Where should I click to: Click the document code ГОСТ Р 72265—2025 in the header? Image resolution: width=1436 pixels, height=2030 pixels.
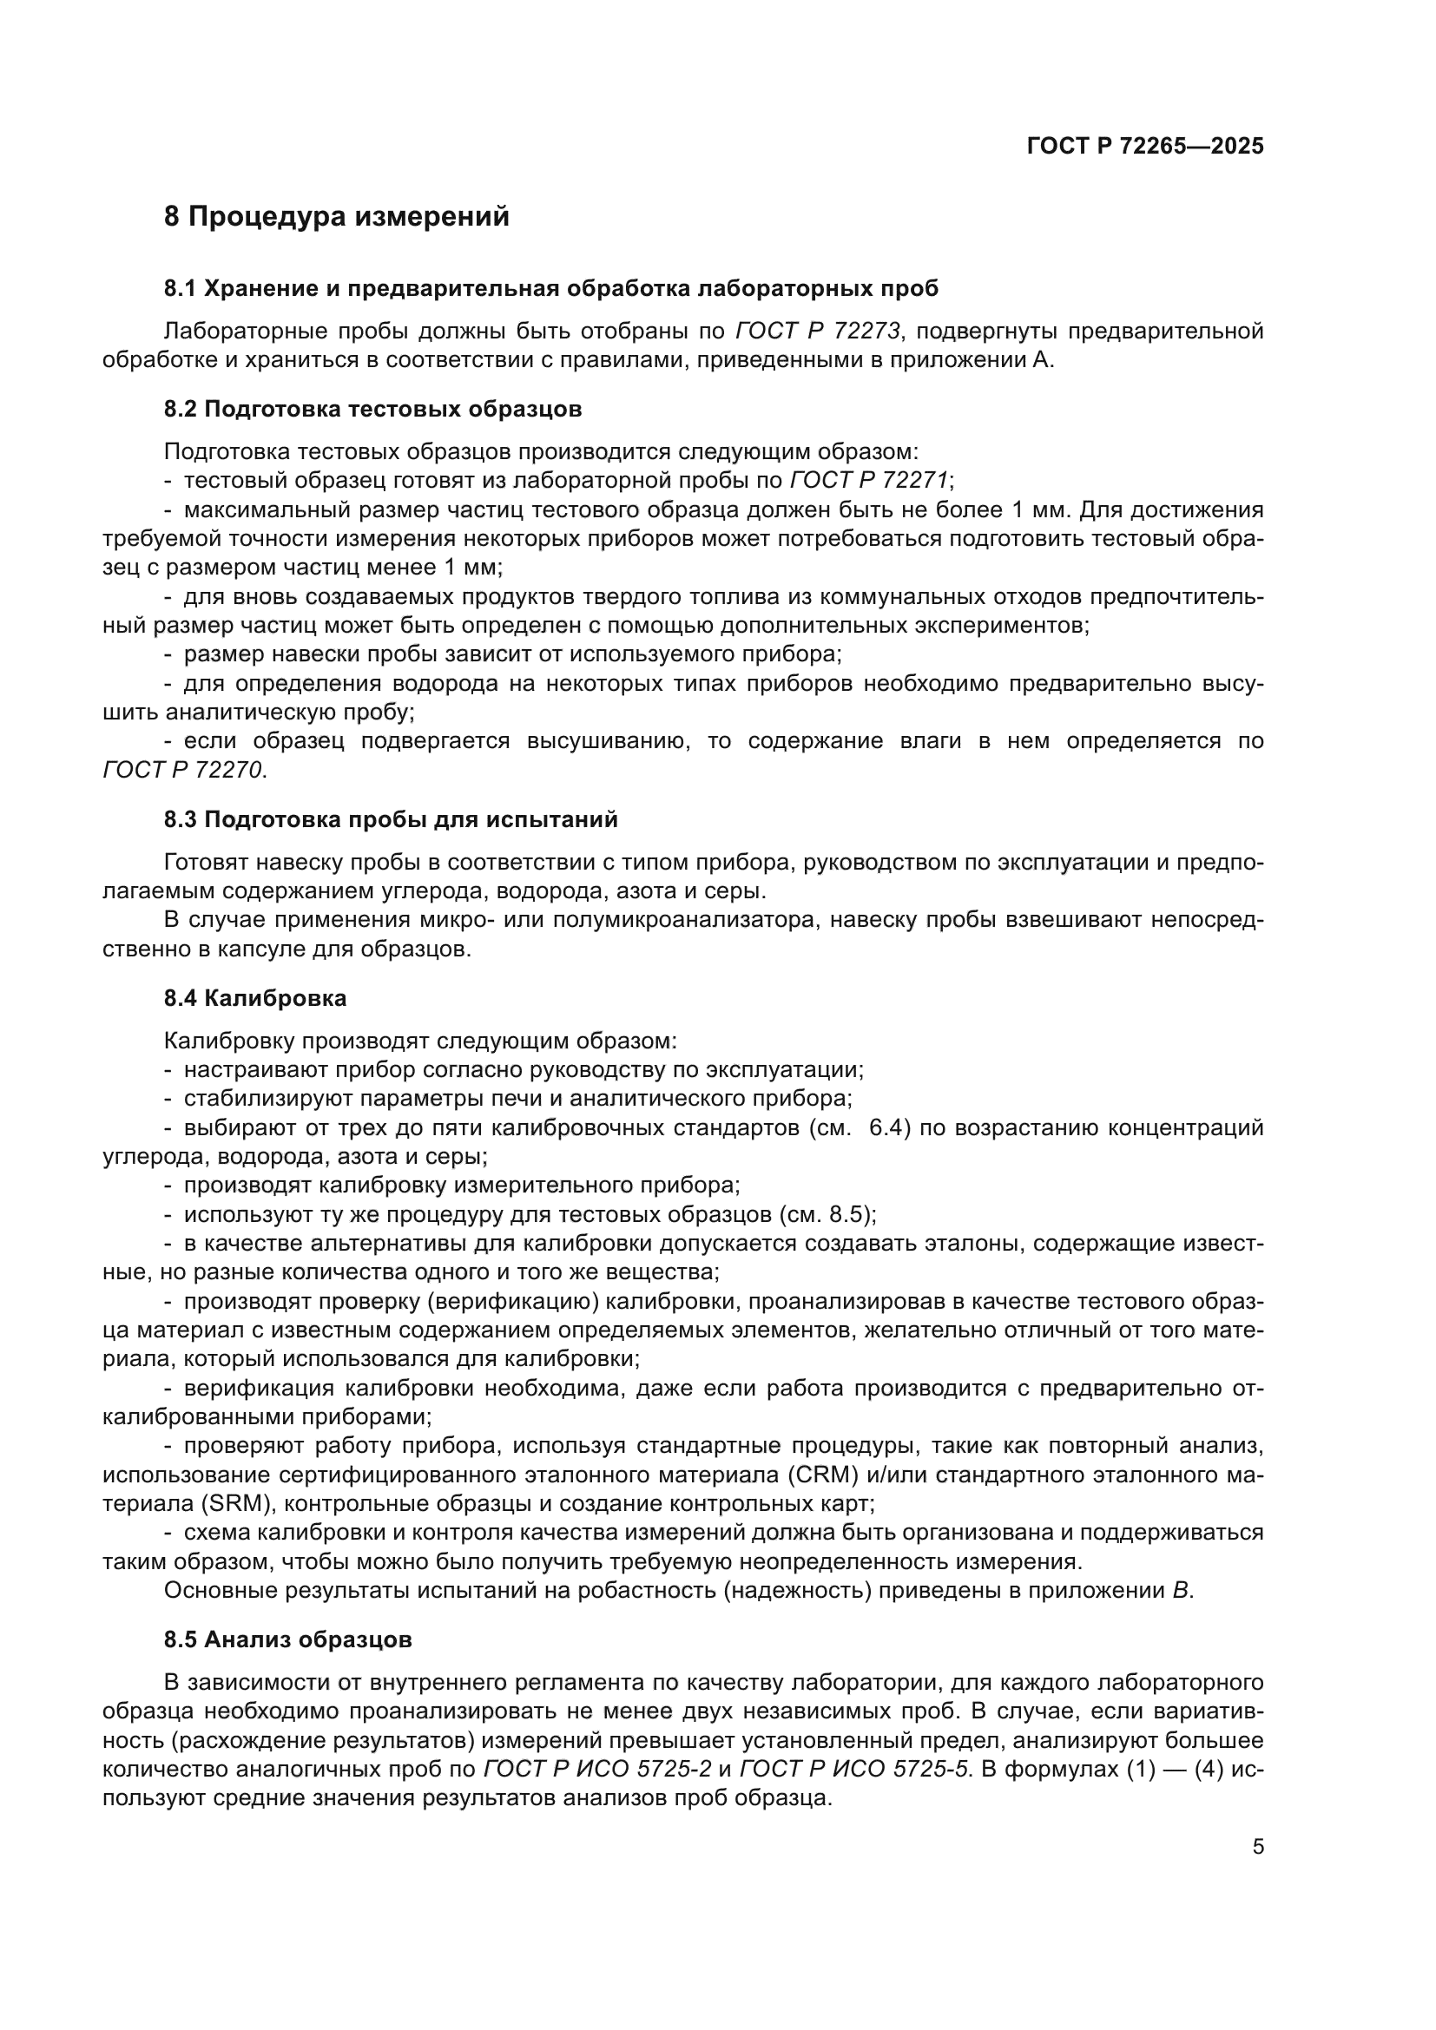1145,147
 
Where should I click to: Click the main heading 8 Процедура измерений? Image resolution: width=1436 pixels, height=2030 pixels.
336,217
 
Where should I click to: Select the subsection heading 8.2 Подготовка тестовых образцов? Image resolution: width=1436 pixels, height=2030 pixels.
372,410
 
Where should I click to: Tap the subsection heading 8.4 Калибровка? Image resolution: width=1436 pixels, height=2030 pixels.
254,999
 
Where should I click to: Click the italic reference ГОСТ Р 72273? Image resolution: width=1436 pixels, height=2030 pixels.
818,332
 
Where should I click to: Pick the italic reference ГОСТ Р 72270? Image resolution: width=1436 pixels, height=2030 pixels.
183,770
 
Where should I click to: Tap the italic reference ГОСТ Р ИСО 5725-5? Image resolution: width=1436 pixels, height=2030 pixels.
854,1769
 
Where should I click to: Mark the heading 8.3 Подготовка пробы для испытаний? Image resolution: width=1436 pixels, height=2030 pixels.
390,819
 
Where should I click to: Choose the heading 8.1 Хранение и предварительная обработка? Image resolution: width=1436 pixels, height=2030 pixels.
550,288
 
